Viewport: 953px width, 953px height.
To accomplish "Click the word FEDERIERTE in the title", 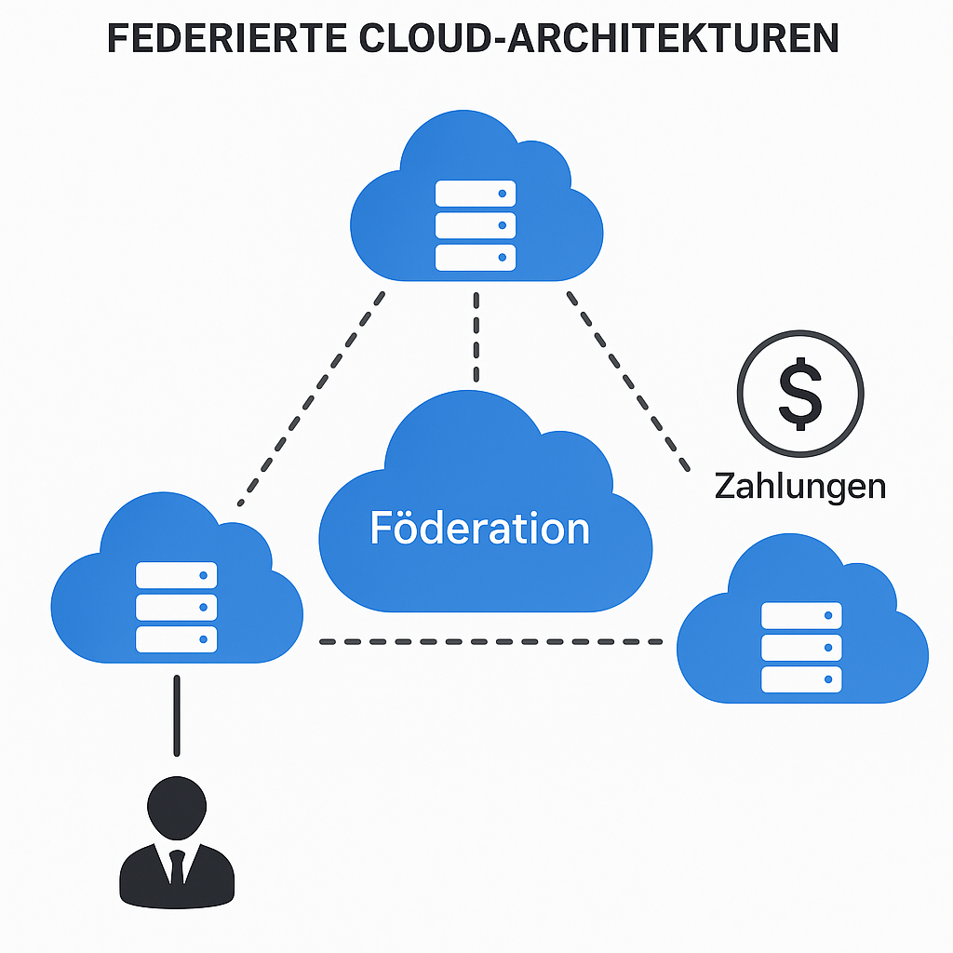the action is (x=227, y=38).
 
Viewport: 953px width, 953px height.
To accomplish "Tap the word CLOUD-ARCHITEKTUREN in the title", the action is (x=598, y=38).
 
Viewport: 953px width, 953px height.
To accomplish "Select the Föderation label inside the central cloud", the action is (x=480, y=528).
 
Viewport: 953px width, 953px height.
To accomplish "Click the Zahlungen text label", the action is (x=799, y=488).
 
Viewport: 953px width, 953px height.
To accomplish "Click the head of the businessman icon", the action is (x=177, y=809).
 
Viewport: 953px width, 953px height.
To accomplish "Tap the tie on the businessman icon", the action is (x=177, y=866).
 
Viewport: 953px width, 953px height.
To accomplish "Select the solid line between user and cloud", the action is (x=177, y=716).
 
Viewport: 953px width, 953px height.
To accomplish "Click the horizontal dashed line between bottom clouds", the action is (x=491, y=642).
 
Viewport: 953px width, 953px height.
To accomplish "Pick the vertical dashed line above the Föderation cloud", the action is (x=476, y=337).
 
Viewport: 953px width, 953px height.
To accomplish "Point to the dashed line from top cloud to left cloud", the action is (x=311, y=398).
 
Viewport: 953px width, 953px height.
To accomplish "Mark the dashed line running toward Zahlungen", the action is (x=628, y=382).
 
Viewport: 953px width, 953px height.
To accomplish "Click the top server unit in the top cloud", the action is (x=476, y=194).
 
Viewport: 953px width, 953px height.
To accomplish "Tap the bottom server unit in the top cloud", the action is (x=476, y=257).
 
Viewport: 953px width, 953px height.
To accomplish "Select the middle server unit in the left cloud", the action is (x=176, y=607).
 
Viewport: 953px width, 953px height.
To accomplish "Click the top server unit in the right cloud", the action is (x=801, y=615).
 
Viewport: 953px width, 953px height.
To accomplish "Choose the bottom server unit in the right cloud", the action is (x=801, y=679).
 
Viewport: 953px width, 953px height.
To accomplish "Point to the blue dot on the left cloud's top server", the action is (x=204, y=575).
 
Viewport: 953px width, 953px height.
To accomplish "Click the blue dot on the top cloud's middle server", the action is (x=503, y=225).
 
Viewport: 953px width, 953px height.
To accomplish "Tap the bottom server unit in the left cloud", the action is (x=176, y=639).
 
